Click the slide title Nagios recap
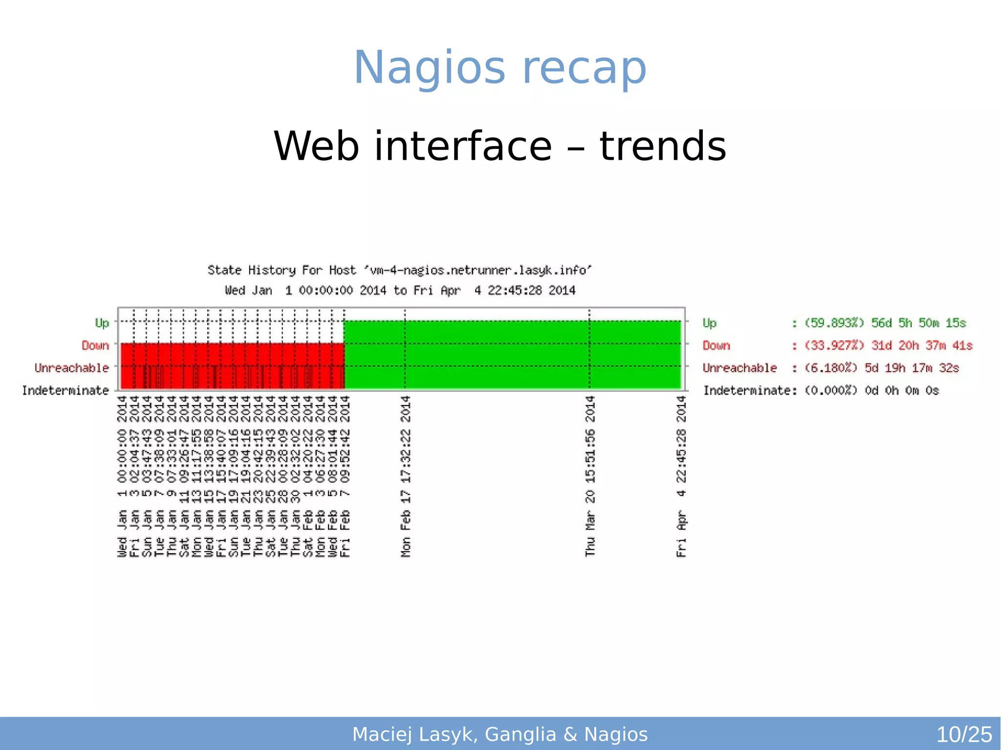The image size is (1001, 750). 500,67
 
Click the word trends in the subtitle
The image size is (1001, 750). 663,146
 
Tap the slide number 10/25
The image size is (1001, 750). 963,734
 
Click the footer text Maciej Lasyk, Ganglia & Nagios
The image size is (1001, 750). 500,734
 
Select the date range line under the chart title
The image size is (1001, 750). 399,291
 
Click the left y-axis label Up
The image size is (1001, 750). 102,323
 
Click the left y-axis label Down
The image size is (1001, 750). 95,345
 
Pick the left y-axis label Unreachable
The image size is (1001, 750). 72,368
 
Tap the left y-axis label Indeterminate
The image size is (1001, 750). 65,390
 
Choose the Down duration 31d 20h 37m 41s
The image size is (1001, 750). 921,345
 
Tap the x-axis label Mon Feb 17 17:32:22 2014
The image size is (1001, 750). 406,476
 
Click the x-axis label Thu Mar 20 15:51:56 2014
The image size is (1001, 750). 590,476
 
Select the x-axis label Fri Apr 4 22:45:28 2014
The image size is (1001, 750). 681,476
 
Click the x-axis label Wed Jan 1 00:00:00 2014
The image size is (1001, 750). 122,476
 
